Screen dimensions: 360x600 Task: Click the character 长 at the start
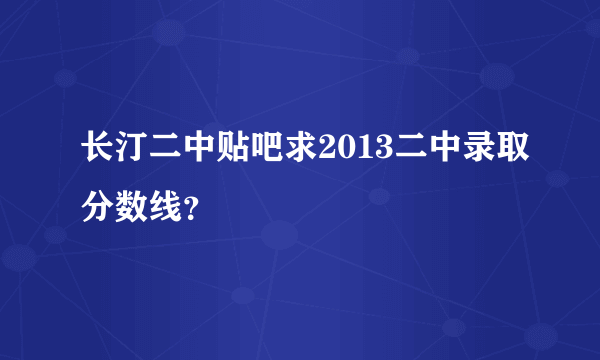point(98,152)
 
